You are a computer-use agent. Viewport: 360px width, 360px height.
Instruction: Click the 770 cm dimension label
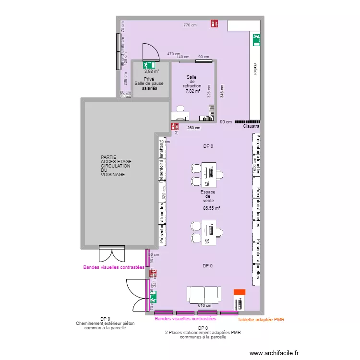coord(190,25)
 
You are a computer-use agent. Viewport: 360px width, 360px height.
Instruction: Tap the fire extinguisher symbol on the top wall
coord(214,23)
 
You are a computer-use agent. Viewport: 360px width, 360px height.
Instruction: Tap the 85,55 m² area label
coord(211,208)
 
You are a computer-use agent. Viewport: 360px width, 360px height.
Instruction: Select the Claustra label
coord(252,127)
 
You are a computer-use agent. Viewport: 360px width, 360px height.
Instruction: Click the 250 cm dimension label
coord(194,128)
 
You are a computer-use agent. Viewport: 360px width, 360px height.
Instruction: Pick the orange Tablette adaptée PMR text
coord(261,319)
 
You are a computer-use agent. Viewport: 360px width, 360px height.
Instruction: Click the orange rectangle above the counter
coord(239,292)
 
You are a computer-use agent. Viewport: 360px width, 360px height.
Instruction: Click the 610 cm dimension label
coord(204,306)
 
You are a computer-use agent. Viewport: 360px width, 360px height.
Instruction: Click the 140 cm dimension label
coord(183,57)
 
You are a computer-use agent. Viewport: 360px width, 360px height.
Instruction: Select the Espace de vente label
coord(208,196)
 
